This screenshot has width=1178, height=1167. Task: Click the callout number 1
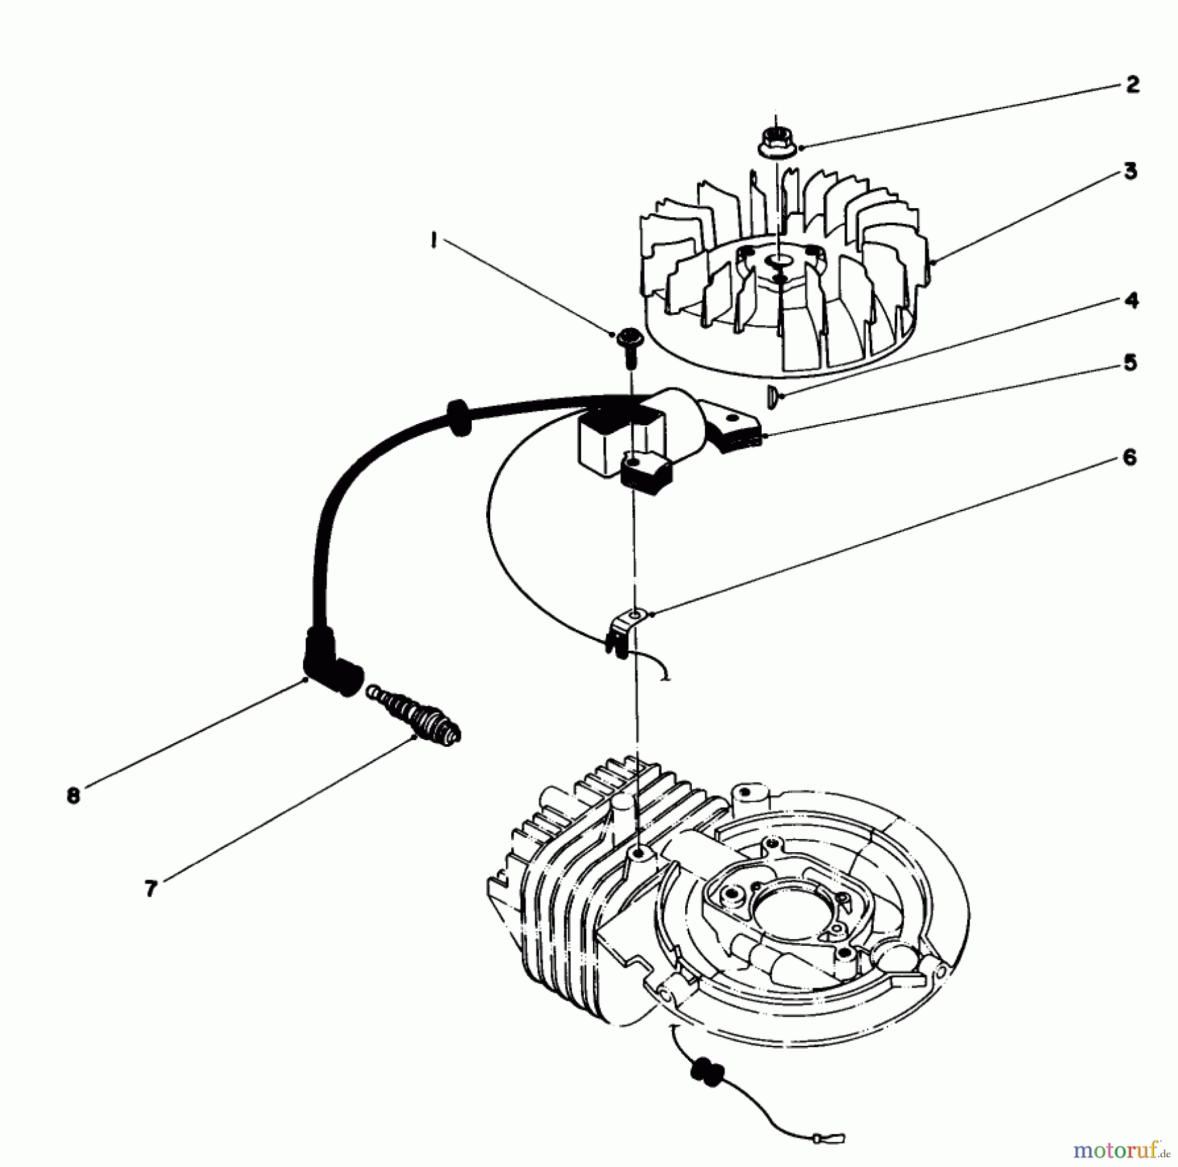pos(434,242)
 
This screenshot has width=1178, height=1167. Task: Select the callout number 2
pos(1132,84)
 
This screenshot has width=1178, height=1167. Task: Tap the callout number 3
pos(1130,171)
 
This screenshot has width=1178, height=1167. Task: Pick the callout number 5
pos(1130,363)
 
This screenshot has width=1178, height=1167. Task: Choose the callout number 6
pos(1130,458)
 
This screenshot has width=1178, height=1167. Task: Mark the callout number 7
pos(151,888)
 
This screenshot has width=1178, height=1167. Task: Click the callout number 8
pos(73,796)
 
